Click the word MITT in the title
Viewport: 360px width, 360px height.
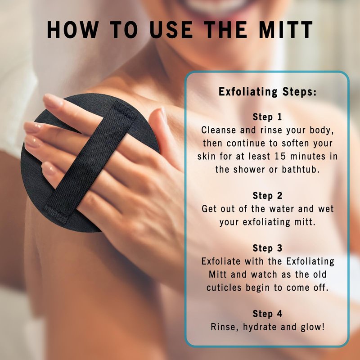click(286, 30)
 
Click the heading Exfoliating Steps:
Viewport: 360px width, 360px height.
click(267, 92)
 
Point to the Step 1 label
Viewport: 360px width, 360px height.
click(267, 117)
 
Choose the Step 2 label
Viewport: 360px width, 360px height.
click(267, 196)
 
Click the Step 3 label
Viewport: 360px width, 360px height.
click(267, 248)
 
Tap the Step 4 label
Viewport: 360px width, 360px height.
click(267, 314)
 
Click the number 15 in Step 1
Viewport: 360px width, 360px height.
click(280, 156)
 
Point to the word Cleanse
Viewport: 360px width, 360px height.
click(219, 130)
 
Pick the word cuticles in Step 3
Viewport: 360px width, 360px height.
click(224, 288)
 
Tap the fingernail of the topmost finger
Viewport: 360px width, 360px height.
click(53, 100)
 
